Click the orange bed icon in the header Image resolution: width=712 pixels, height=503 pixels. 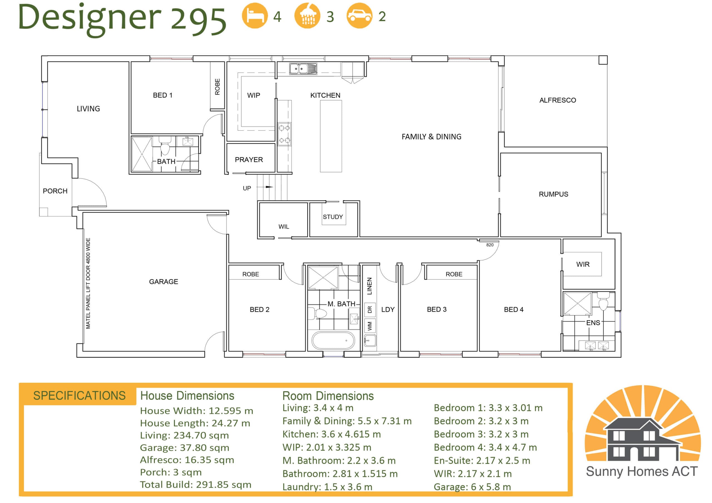[x=254, y=16]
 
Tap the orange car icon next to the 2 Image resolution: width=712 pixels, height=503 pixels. [x=359, y=16]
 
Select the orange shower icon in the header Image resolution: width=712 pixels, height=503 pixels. [x=307, y=16]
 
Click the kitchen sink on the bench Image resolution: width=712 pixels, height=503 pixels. [x=303, y=68]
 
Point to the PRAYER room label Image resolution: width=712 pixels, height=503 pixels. [x=249, y=160]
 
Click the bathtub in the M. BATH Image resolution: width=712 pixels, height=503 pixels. [x=333, y=340]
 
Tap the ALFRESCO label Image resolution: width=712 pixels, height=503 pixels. [x=558, y=100]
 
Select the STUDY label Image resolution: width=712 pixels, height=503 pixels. [x=333, y=217]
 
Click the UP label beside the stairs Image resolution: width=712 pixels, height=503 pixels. [x=247, y=188]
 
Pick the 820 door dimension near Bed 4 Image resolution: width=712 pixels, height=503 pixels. [x=490, y=245]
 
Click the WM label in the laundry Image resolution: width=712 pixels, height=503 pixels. [x=369, y=326]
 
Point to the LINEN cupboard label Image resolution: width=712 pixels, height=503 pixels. [x=369, y=286]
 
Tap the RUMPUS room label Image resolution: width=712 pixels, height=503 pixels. [x=553, y=194]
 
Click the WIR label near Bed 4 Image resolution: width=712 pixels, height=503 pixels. [x=583, y=264]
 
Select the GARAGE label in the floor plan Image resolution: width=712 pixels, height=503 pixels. [x=164, y=282]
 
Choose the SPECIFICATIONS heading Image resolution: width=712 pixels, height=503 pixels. [x=79, y=396]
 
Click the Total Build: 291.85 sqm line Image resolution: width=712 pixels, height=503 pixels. [x=195, y=485]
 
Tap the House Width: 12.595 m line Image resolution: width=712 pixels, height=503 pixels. [x=197, y=411]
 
